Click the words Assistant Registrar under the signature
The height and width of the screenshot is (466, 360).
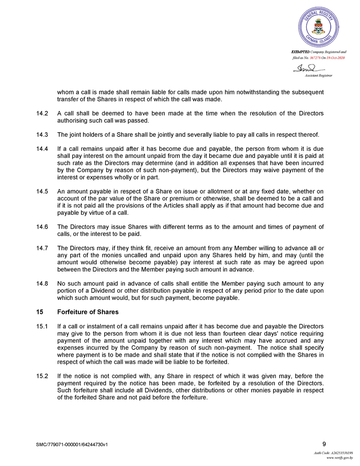(x=318, y=75)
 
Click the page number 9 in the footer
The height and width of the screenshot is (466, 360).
(x=324, y=444)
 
